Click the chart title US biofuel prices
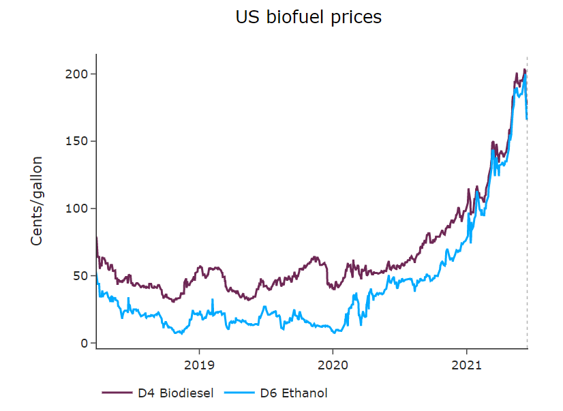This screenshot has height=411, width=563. coord(308,18)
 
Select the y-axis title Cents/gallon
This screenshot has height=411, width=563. coord(37,201)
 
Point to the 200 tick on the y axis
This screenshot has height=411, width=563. coord(80,74)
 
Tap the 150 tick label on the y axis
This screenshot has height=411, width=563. coord(80,141)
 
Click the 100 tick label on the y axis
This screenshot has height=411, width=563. coord(80,209)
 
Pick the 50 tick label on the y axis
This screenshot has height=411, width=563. coord(83,275)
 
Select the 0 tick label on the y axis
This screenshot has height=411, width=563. coord(86,343)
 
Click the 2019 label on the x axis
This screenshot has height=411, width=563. coord(199,365)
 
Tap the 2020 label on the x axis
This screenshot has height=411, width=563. coord(333,365)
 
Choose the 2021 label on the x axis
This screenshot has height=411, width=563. coord(467,365)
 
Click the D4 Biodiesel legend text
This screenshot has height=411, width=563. coord(175,393)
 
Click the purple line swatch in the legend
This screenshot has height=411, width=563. coord(117,393)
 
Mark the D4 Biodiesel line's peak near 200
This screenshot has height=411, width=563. coord(524,70)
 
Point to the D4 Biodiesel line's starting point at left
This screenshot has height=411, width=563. coord(96,237)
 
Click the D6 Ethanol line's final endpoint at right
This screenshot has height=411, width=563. coord(527,119)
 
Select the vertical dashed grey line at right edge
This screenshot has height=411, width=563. coord(528,204)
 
